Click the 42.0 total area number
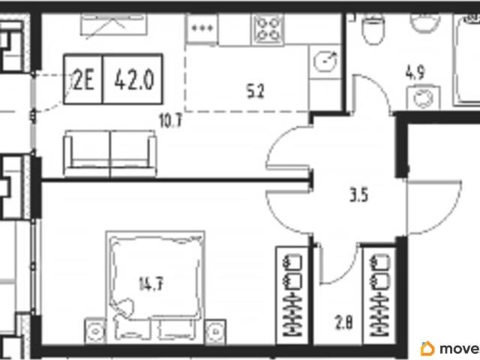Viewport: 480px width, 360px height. (x=134, y=81)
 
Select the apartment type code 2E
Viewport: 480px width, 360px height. (x=83, y=81)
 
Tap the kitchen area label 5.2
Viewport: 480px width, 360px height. (x=255, y=91)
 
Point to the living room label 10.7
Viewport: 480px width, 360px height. (x=170, y=121)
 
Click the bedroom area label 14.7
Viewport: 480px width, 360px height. (x=151, y=283)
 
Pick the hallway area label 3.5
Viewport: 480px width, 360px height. (x=358, y=195)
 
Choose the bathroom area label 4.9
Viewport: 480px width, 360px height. (x=415, y=73)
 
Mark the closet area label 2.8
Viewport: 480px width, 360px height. (x=343, y=323)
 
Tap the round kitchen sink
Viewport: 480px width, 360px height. (x=325, y=61)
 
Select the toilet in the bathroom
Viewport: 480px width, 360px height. (x=373, y=28)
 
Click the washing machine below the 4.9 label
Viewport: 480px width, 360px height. (x=423, y=97)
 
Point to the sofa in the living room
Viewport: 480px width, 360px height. (x=110, y=153)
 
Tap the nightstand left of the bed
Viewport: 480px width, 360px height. (x=95, y=331)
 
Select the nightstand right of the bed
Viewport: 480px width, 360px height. (x=215, y=331)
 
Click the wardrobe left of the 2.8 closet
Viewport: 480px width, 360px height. (x=292, y=295)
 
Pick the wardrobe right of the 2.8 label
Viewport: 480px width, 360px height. (x=379, y=295)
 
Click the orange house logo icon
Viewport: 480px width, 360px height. (x=427, y=348)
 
